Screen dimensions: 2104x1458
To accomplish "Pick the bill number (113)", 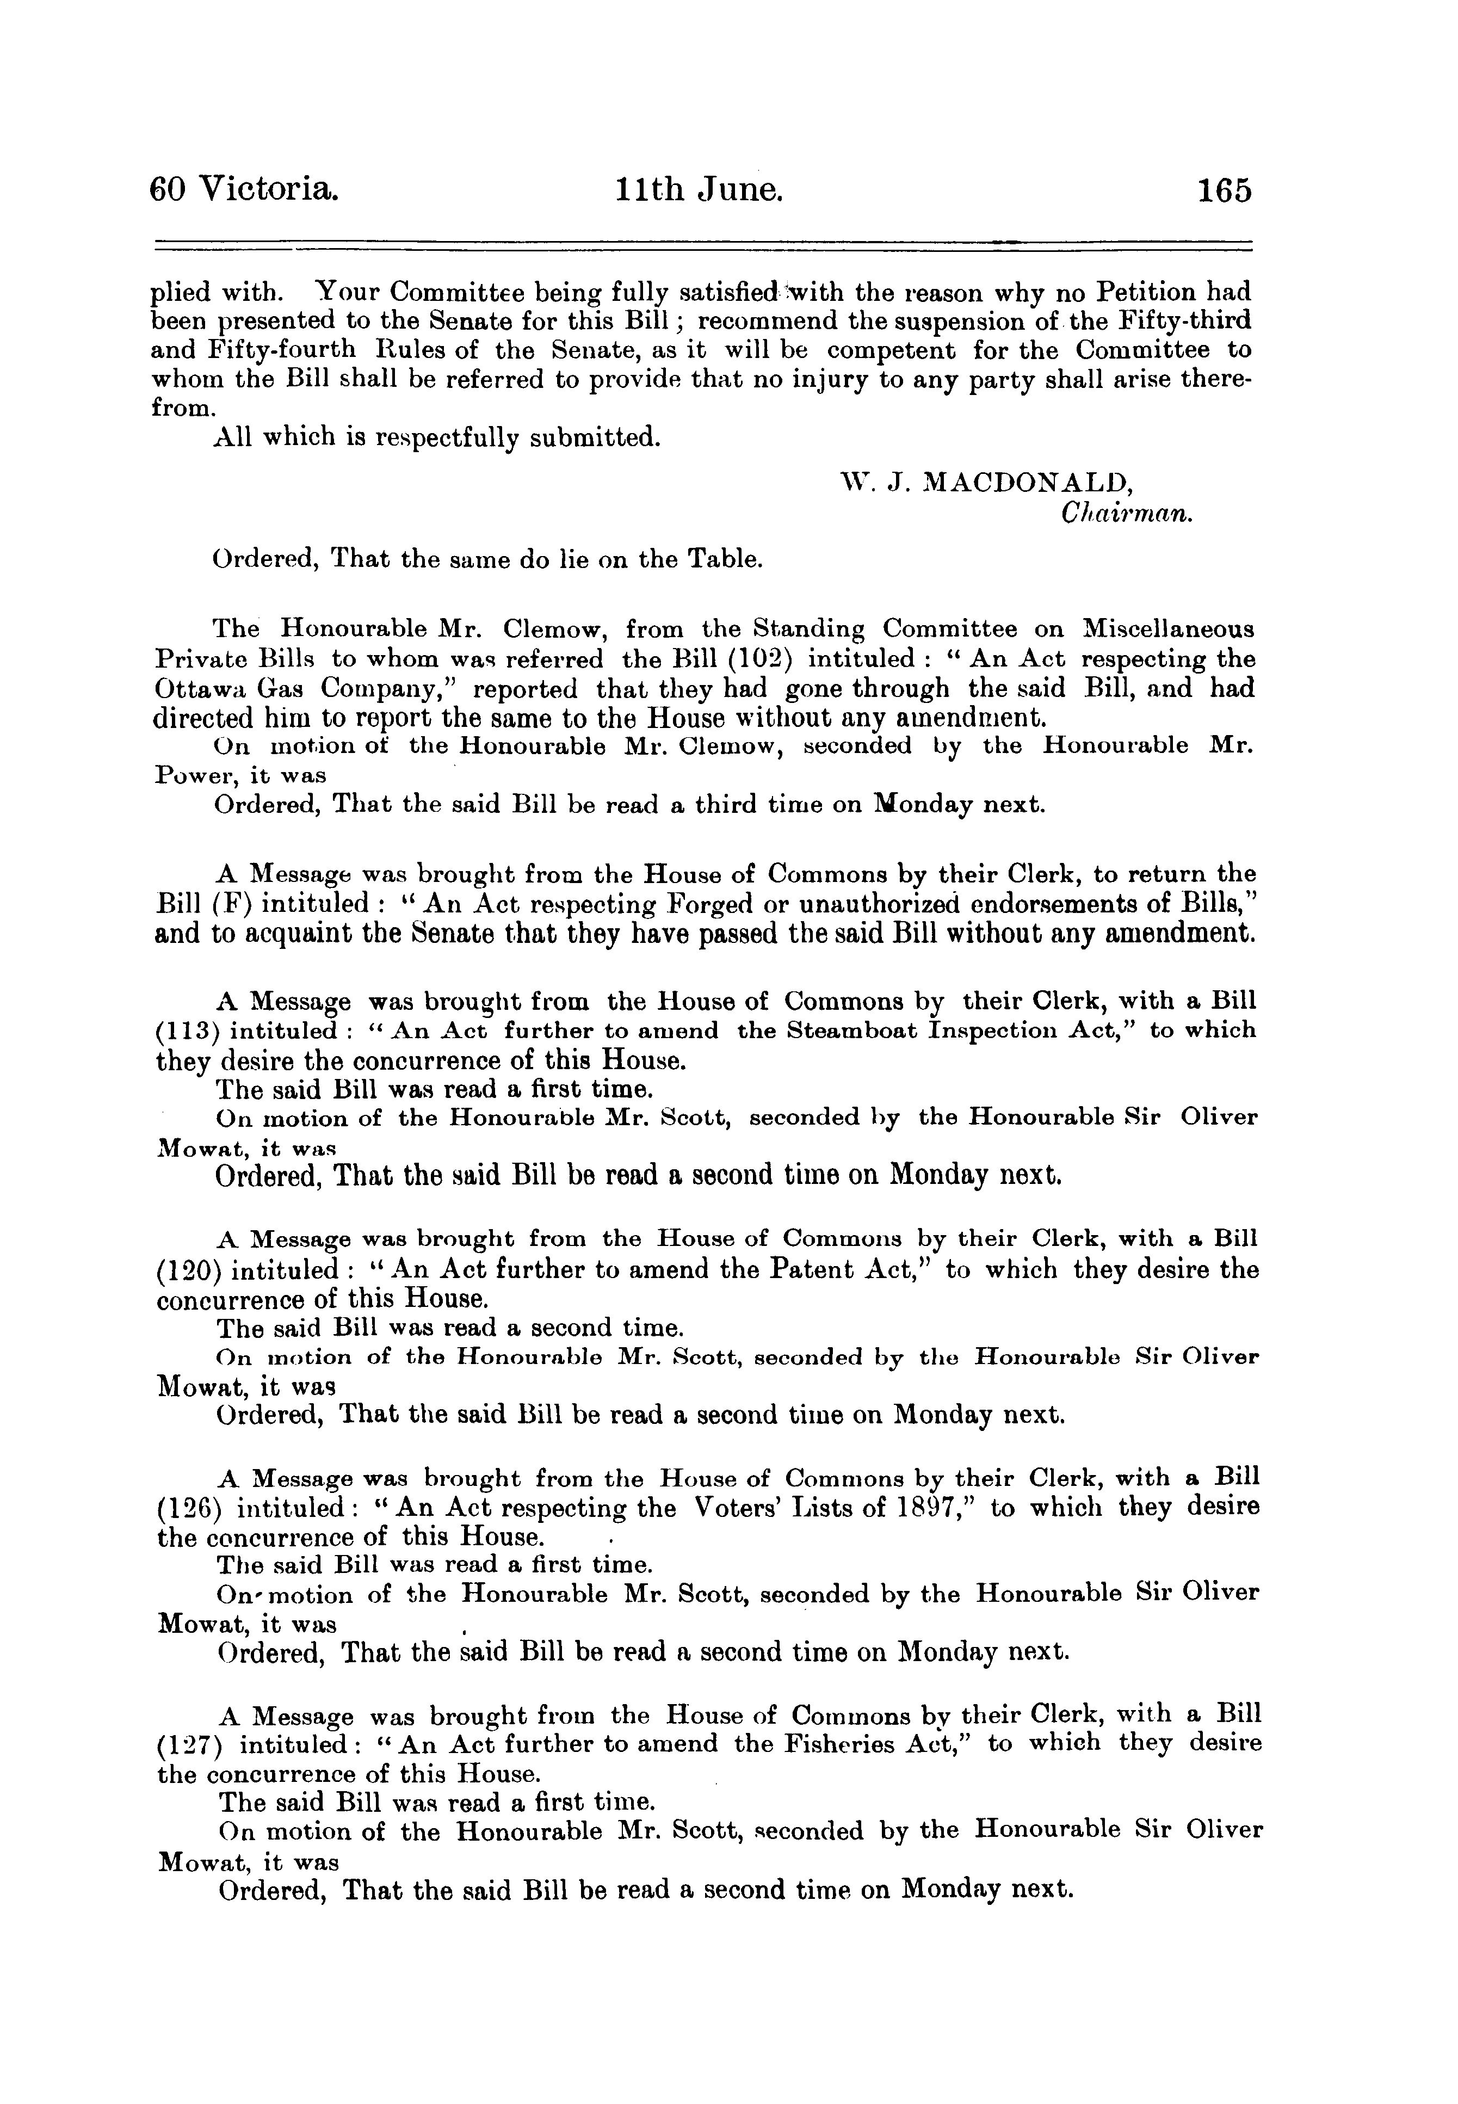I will point(188,1032).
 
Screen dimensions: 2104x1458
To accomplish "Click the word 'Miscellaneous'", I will point(1166,630).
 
